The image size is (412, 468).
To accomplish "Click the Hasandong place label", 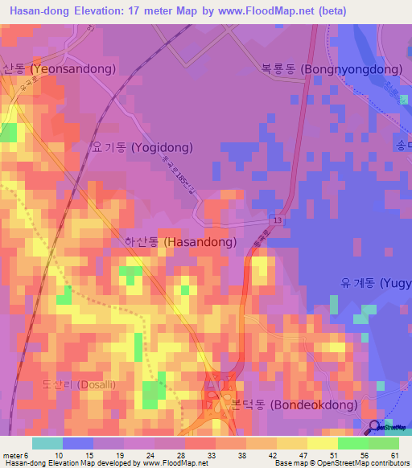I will click(x=180, y=241).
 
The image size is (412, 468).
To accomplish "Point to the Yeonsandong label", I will click(x=59, y=69).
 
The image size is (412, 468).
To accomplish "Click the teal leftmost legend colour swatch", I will click(x=47, y=443).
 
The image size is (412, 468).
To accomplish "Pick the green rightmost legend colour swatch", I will click(x=383, y=443).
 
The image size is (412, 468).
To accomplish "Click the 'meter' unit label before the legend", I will click(x=13, y=456).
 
